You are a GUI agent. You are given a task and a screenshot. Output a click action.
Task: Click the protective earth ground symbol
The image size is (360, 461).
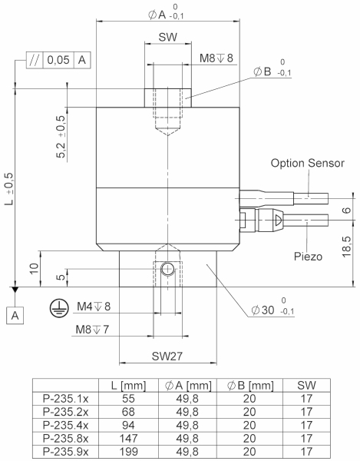pyautogui.click(x=59, y=308)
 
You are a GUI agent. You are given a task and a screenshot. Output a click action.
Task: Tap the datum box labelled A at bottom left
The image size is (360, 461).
pyautogui.click(x=15, y=316)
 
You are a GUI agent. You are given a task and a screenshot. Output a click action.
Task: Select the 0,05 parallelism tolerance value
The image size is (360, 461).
pyautogui.click(x=58, y=60)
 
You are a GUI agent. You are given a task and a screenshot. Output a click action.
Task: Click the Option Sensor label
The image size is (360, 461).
pyautogui.click(x=308, y=163)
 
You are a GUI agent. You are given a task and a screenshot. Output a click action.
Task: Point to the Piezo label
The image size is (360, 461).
pyautogui.click(x=308, y=257)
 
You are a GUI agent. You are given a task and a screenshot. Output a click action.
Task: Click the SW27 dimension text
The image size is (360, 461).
pyautogui.click(x=167, y=356)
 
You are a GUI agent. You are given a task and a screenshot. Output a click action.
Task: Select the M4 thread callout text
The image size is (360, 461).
pyautogui.click(x=94, y=307)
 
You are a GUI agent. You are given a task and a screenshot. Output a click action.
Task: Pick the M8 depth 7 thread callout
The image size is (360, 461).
pyautogui.click(x=92, y=330)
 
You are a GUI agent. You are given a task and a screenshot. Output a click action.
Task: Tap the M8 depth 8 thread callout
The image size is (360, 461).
pyautogui.click(x=216, y=58)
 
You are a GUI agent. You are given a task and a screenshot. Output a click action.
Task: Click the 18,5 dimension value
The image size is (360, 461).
pyautogui.click(x=347, y=247)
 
